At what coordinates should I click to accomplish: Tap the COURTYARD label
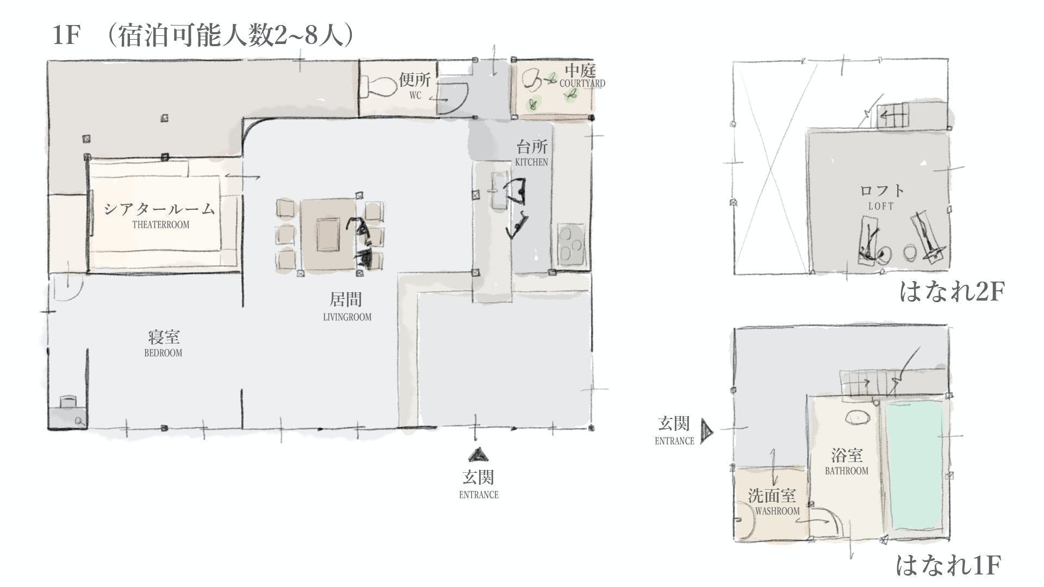tap(582, 84)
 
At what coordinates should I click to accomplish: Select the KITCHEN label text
tap(531, 162)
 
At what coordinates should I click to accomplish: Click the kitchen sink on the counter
tap(499, 190)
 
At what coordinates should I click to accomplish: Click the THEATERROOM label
tap(161, 224)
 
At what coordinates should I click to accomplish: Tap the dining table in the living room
tap(328, 235)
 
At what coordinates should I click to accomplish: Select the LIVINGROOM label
tap(347, 317)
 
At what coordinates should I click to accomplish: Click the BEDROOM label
tap(163, 353)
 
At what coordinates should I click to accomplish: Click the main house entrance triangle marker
tap(478, 455)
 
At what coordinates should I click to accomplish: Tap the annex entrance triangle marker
tap(706, 432)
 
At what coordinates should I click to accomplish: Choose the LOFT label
tap(881, 206)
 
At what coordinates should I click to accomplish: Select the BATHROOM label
tap(847, 471)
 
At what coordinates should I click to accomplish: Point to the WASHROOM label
tap(777, 511)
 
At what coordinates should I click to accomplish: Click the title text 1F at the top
tap(66, 36)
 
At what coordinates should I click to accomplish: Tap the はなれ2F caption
tap(952, 291)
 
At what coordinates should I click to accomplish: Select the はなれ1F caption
tap(948, 565)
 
